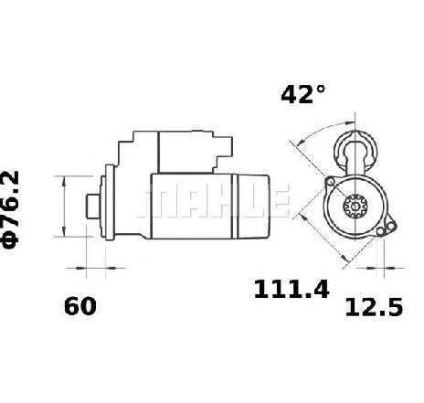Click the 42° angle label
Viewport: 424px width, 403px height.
tap(302, 94)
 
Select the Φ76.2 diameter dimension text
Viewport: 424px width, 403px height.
tap(11, 210)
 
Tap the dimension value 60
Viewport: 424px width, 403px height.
tap(80, 306)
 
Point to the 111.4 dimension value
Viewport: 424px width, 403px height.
tap(291, 289)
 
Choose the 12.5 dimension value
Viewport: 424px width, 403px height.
tap(374, 307)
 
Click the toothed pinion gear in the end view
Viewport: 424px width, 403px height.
tap(355, 207)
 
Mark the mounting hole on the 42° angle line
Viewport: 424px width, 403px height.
tap(330, 182)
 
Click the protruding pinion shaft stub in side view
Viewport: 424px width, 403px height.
tap(92, 207)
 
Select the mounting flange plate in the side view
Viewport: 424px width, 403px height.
tap(110, 202)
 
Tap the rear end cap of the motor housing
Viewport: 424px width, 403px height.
tap(250, 207)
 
